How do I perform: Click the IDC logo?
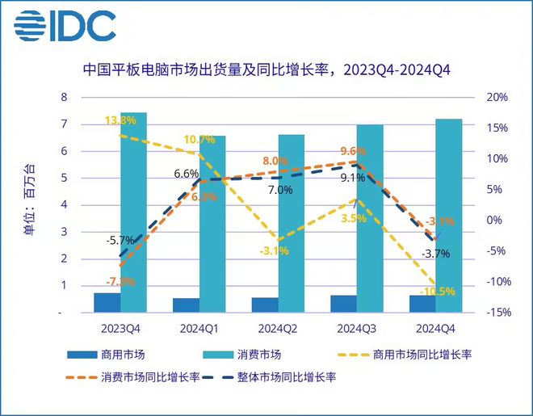point(64,27)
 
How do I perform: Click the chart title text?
point(266,70)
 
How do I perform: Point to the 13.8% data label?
point(120,120)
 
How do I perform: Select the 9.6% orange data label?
point(353,151)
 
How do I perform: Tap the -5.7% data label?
point(119,240)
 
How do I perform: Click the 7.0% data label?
point(279,191)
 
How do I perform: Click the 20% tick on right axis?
point(497,98)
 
